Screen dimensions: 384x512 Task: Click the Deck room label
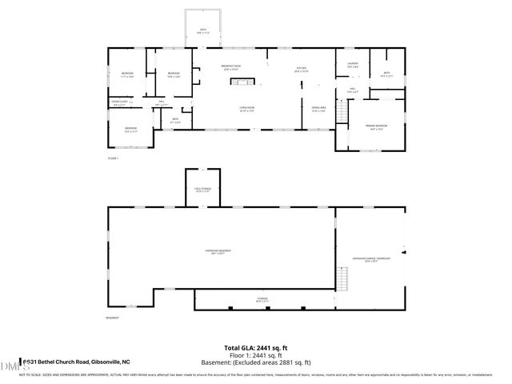coord(202,31)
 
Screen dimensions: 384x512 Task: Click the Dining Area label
coord(319,110)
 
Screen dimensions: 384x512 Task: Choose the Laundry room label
coord(352,64)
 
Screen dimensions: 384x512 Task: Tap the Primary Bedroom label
coord(377,126)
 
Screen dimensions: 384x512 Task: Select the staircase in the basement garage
coord(345,279)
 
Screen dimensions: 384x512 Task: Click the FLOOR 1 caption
coord(113,158)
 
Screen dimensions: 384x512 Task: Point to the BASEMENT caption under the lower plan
coord(113,318)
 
